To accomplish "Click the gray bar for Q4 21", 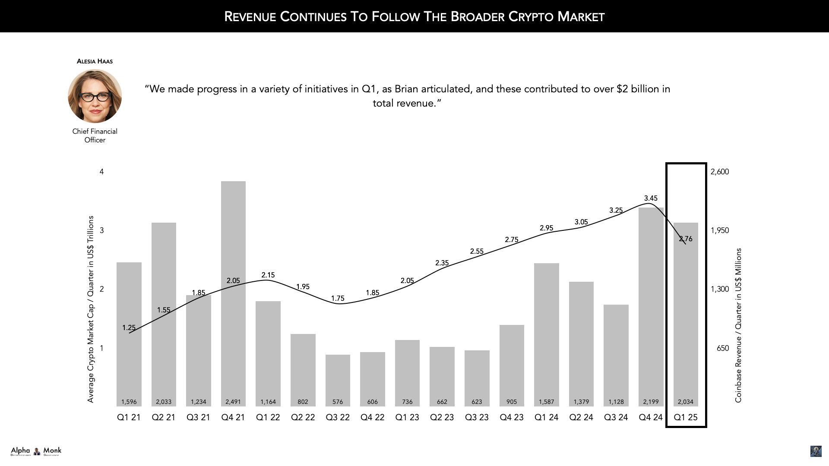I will click(233, 293).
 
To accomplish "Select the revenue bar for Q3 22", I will click(338, 380).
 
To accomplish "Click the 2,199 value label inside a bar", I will click(651, 402).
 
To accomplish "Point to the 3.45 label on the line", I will click(651, 198).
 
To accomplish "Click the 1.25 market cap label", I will click(129, 328).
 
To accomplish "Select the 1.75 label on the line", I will click(338, 298).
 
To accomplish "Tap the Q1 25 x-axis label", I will click(685, 417).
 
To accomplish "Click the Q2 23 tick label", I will click(442, 417).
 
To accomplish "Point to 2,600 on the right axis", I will click(719, 172).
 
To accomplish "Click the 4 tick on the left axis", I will click(102, 172).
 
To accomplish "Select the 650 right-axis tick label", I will click(722, 348).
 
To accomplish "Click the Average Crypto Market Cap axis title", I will click(91, 309).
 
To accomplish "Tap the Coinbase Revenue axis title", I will click(738, 325).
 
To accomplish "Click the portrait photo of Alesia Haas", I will click(95, 96).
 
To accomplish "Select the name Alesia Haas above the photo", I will click(95, 61).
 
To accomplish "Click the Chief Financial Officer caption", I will click(95, 135).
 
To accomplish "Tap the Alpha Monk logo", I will click(36, 451).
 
